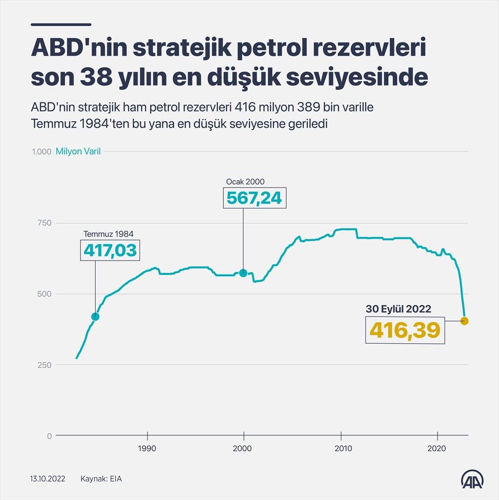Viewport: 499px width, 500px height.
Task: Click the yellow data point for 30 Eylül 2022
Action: pos(464,321)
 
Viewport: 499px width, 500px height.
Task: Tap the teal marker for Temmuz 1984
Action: pos(95,316)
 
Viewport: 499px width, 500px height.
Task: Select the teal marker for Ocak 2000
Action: pos(243,273)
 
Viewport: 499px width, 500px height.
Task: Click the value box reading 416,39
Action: pos(405,330)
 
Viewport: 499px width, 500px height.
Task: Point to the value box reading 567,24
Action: pos(254,198)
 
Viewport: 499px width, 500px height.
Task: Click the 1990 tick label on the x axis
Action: pos(147,448)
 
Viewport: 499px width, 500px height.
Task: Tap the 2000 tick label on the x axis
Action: pos(243,448)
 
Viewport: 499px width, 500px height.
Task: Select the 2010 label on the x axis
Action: pos(341,448)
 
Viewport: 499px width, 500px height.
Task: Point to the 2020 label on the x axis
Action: pos(438,448)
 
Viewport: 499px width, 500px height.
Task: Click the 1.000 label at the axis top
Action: pos(41,151)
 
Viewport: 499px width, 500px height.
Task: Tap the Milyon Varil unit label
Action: pos(78,151)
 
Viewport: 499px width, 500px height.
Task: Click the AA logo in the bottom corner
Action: pos(473,479)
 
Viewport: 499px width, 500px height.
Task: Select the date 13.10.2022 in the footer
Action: pos(48,479)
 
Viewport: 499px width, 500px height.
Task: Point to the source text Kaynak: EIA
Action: pos(101,479)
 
